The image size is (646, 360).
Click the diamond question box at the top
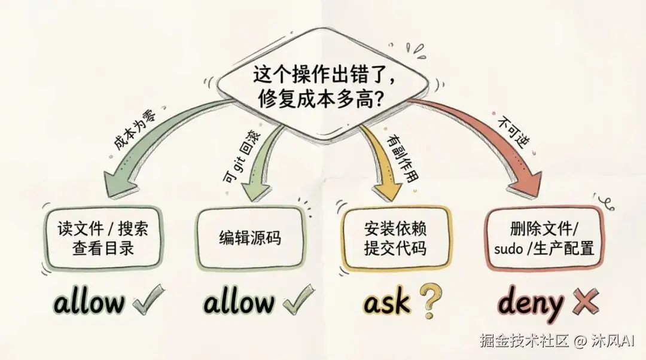(x=321, y=87)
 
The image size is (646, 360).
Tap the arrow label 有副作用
(x=402, y=157)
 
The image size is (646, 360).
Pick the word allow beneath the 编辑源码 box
(x=239, y=302)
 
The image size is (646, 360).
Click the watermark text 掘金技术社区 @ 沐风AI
(x=556, y=341)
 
